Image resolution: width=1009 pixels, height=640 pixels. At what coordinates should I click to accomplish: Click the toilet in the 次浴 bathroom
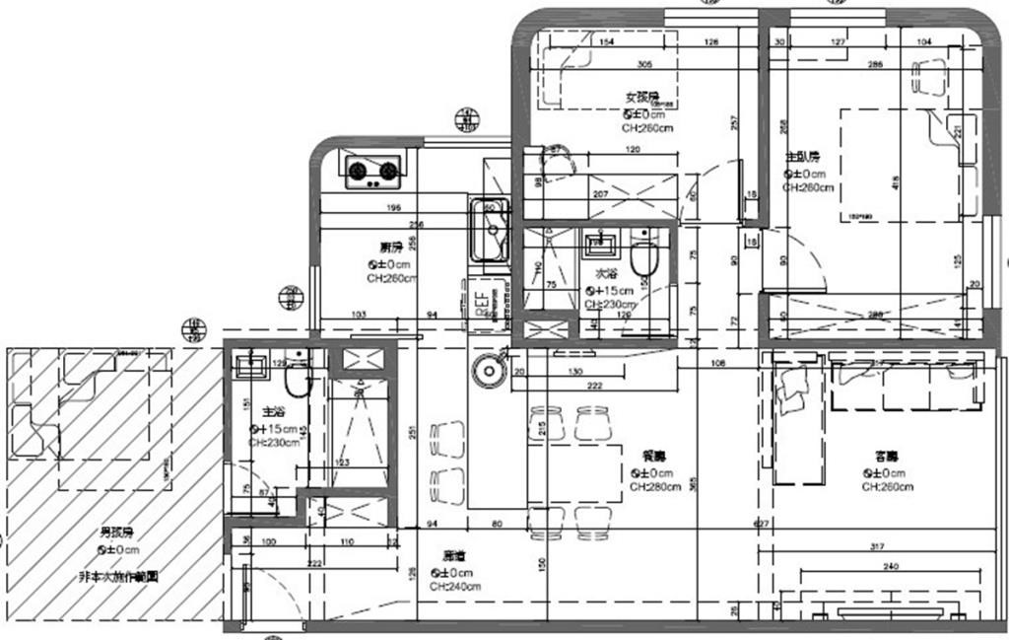click(x=644, y=257)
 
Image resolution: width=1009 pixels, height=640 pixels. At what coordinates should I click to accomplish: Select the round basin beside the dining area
click(x=489, y=373)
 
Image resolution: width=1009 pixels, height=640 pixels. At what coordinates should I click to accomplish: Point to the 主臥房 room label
click(x=801, y=158)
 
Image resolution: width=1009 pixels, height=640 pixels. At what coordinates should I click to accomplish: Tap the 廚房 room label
click(x=390, y=247)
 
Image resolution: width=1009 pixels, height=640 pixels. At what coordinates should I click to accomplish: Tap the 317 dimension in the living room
click(x=880, y=547)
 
